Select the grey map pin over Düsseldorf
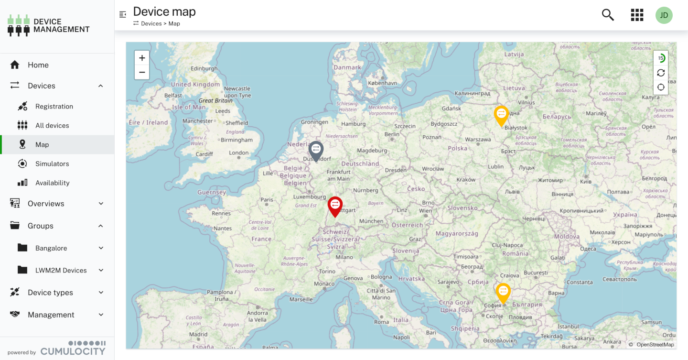(x=316, y=150)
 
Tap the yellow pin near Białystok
(x=501, y=115)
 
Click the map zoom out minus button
(x=142, y=73)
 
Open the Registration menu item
(x=54, y=106)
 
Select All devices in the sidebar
(x=52, y=125)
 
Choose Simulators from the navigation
(x=52, y=164)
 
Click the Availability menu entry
(x=52, y=183)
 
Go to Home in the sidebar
(x=38, y=65)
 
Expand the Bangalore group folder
(x=51, y=248)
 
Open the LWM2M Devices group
(x=61, y=270)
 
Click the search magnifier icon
(x=608, y=15)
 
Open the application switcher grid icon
(x=637, y=15)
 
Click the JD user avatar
(x=664, y=15)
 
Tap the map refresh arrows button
(x=661, y=73)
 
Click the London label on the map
(x=239, y=153)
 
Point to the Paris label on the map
(x=267, y=200)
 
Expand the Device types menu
(x=50, y=293)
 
